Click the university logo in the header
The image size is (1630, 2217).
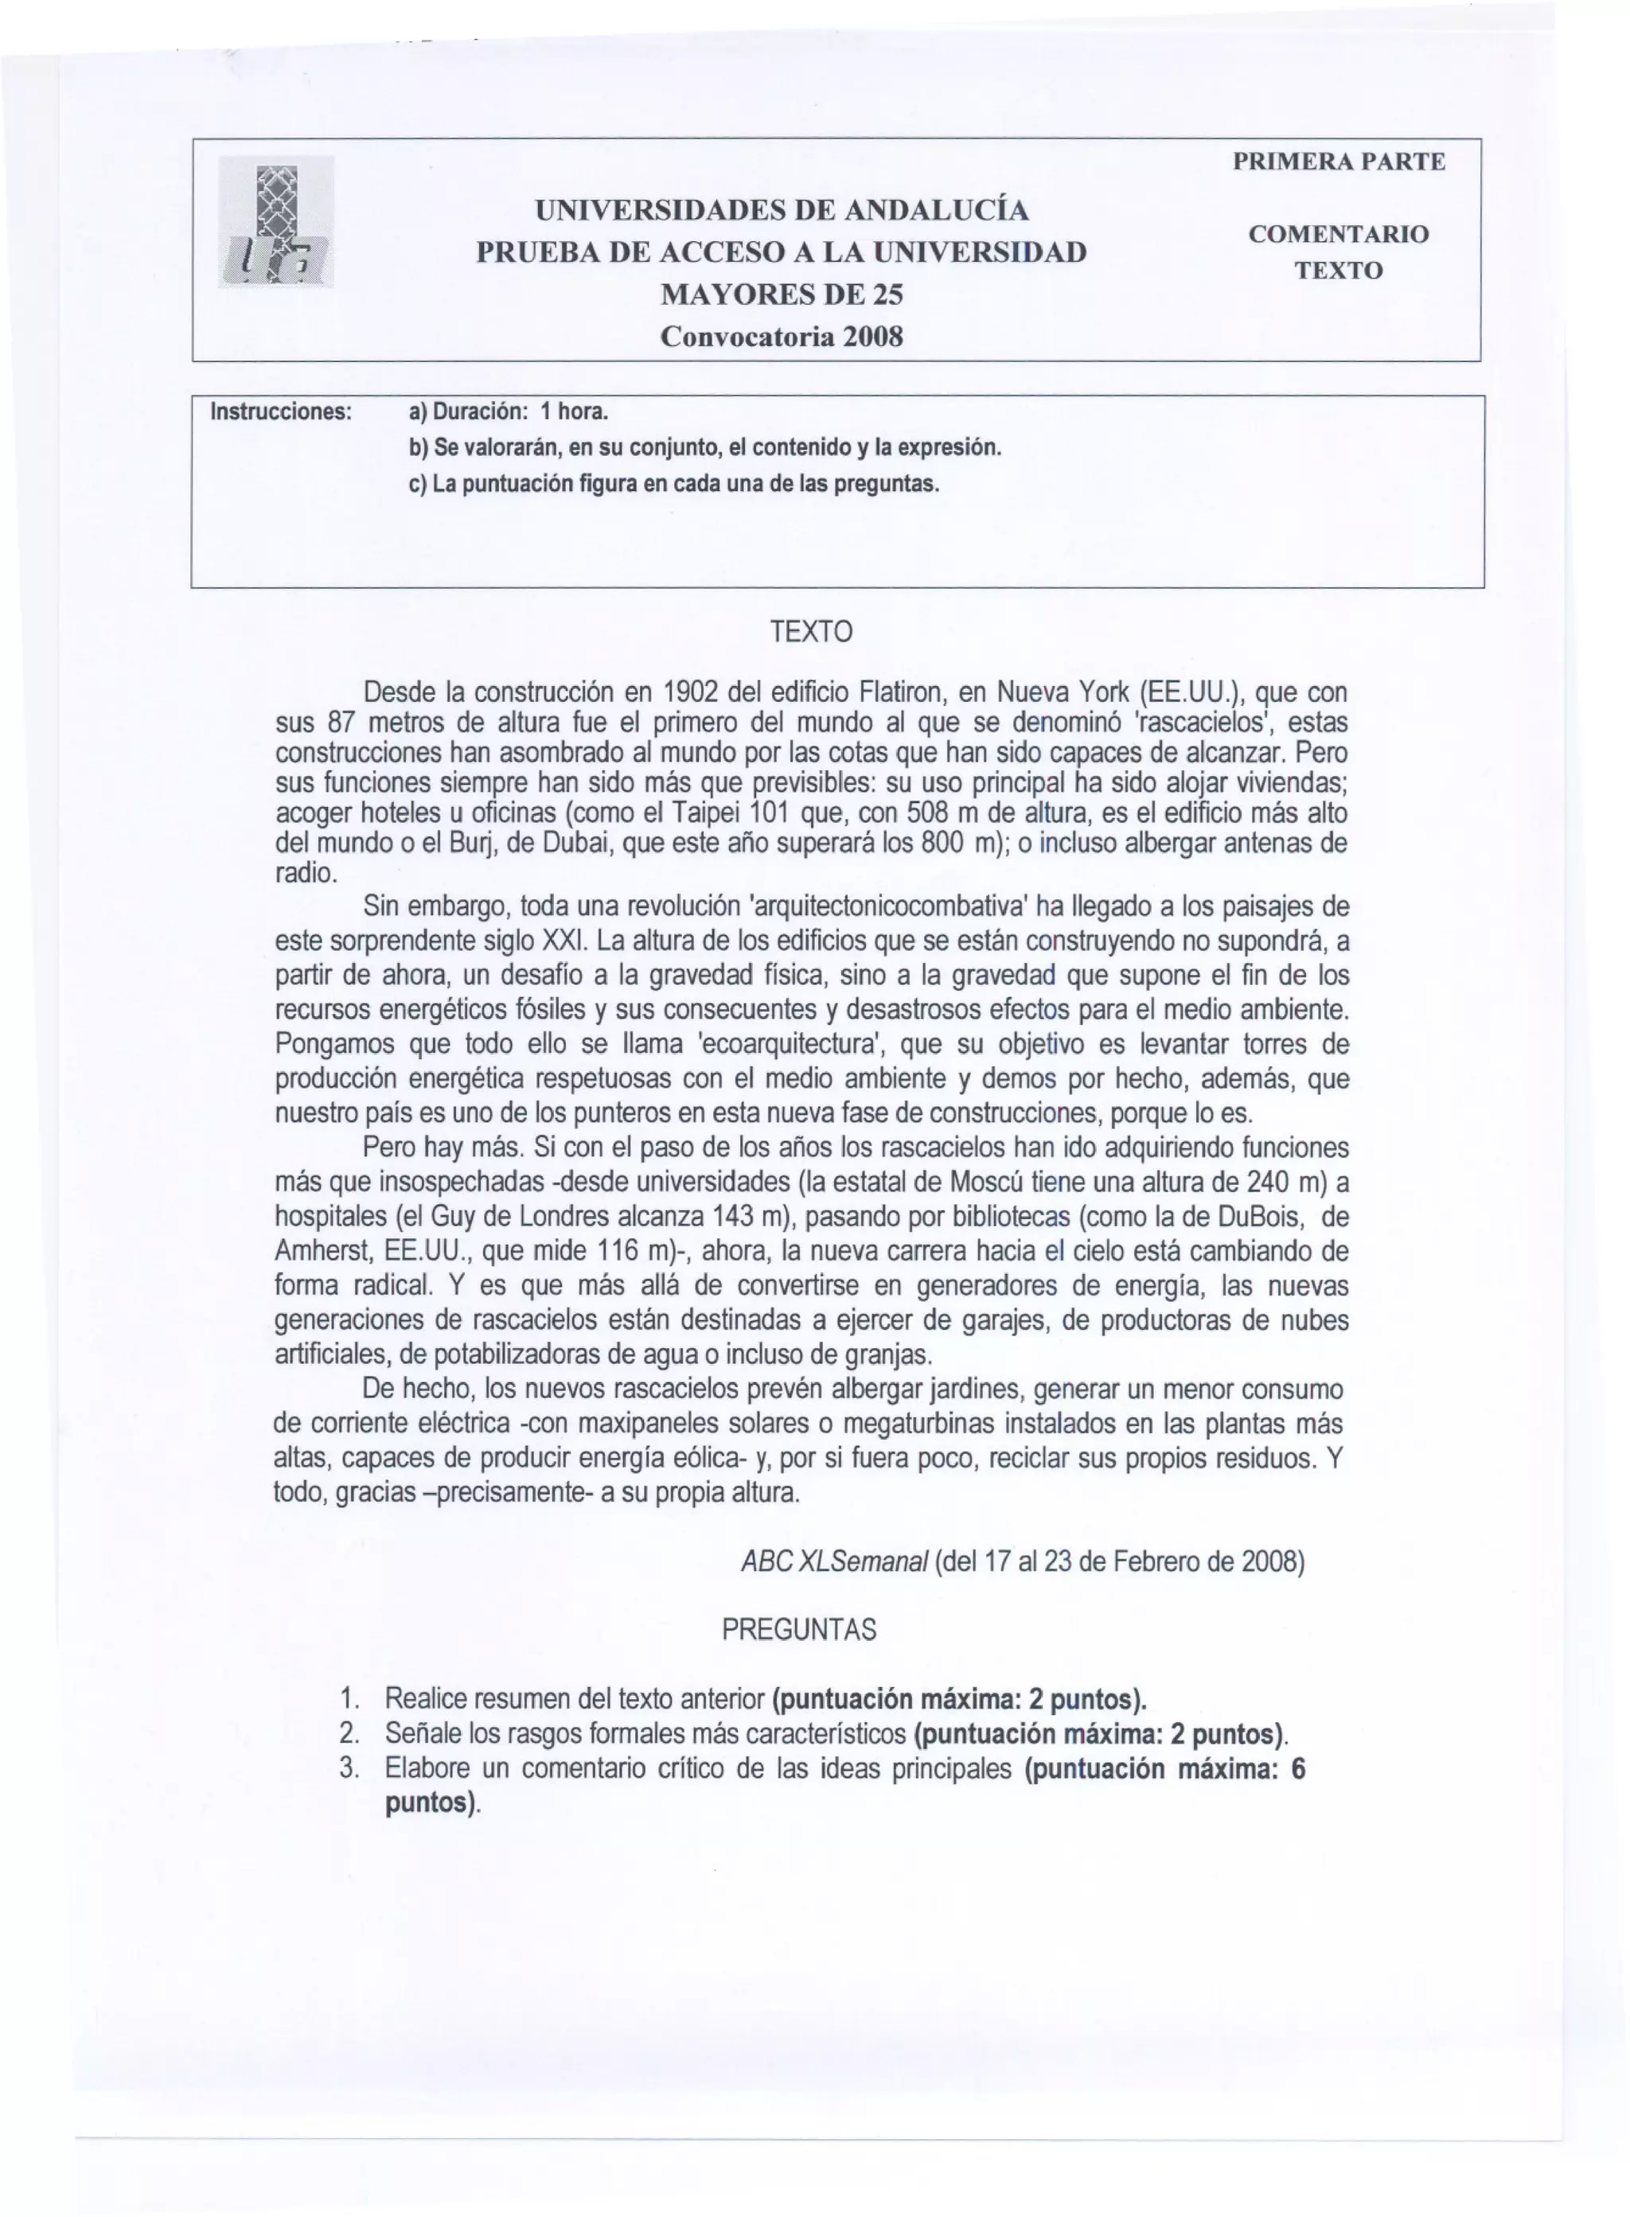click(x=276, y=222)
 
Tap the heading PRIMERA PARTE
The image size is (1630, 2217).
click(x=1339, y=162)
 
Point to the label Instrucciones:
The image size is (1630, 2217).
click(x=281, y=411)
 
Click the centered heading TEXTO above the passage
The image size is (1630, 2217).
click(x=811, y=632)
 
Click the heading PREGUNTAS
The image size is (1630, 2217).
click(x=798, y=1630)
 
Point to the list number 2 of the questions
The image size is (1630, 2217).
click(x=347, y=1733)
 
